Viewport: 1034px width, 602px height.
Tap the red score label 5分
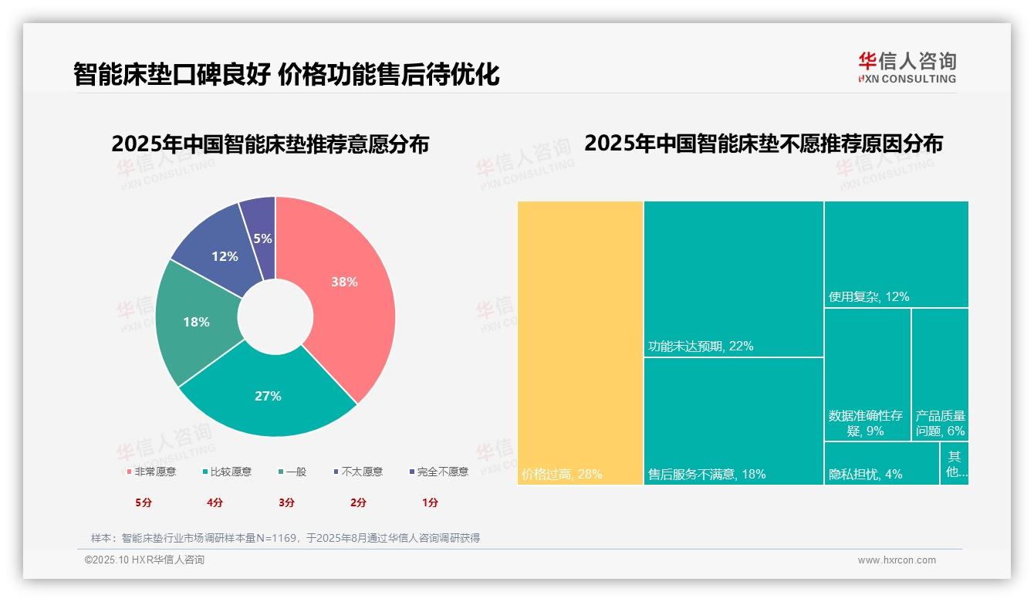pos(144,502)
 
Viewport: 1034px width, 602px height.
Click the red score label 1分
pos(430,502)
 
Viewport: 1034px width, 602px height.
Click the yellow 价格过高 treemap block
pos(580,343)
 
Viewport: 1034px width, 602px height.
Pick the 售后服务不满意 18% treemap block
pos(733,421)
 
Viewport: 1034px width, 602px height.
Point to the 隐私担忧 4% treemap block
pos(881,463)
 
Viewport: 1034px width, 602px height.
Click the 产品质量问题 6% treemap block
pos(940,374)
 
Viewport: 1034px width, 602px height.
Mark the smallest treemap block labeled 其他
pos(955,463)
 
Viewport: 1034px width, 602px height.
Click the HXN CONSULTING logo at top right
pos(907,67)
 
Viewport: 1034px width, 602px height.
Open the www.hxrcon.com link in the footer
pos(897,560)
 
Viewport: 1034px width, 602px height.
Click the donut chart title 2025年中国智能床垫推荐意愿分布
pos(270,144)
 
